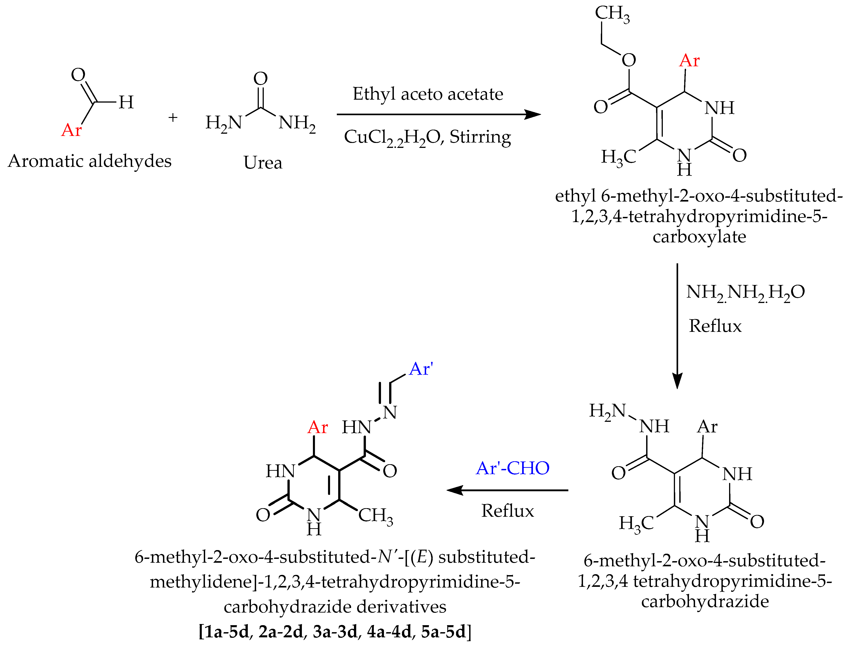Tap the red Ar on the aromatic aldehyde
71,130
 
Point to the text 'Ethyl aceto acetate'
428,94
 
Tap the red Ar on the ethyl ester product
689,61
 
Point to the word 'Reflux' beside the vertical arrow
715,326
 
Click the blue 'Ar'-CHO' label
513,468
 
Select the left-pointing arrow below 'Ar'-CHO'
507,490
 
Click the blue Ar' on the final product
421,369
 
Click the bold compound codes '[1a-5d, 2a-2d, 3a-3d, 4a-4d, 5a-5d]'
335,631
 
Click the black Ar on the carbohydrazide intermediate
707,427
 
